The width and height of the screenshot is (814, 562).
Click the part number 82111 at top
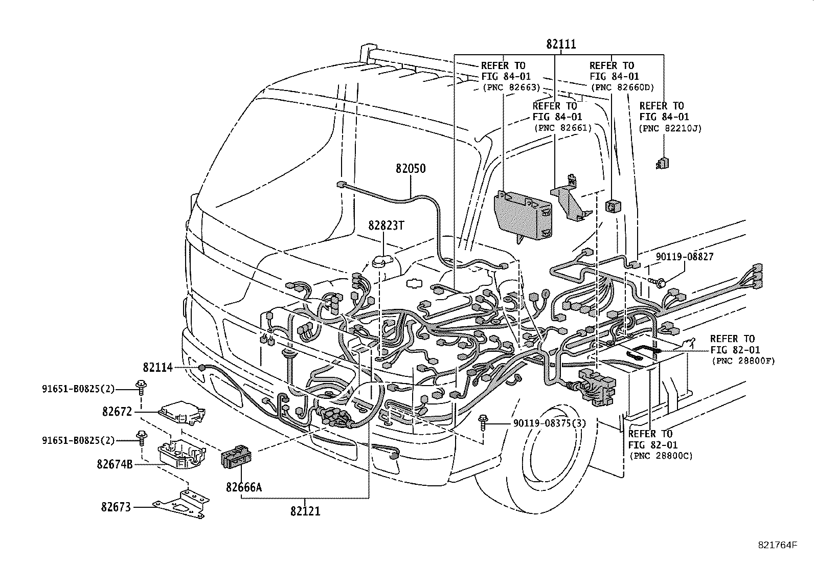tap(561, 44)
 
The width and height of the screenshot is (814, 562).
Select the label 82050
tap(410, 168)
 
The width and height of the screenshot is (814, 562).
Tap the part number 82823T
tap(386, 226)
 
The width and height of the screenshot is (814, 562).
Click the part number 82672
tap(117, 412)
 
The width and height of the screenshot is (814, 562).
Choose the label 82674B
tap(115, 464)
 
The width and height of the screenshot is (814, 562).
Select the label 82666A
tap(244, 487)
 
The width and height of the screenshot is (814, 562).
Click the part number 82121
tap(305, 511)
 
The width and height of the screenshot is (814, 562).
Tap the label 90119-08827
tap(685, 257)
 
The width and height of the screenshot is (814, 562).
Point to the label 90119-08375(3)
tap(549, 423)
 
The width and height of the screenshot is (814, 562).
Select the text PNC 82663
tap(511, 87)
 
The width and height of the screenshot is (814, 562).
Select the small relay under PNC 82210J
tap(663, 163)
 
